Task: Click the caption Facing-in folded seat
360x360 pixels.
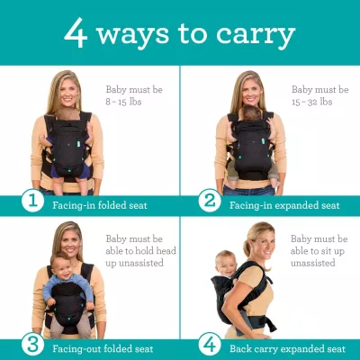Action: (100, 204)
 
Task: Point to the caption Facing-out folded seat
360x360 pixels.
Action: (103, 347)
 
